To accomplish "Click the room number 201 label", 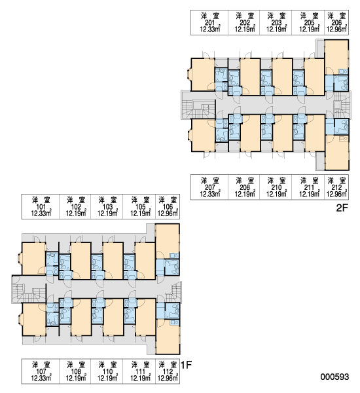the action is coord(209,22).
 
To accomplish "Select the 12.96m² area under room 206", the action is coord(336,29).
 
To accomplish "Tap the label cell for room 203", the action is coord(276,22).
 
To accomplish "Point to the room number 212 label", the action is coord(336,187).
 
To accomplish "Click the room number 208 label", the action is coord(245,187).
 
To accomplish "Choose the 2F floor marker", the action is coord(342,208).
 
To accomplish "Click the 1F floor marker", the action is coord(186,365).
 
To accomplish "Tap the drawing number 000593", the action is coord(334,377).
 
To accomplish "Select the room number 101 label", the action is coord(41,207).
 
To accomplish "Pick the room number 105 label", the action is coord(140,207).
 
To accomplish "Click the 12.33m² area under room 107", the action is coord(41,378).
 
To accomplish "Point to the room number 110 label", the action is coord(107,371).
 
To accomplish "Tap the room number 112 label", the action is coord(168,371).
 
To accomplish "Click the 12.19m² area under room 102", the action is coord(76,214).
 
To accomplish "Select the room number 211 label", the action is coord(309,187).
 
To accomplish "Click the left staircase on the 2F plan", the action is coord(198,109).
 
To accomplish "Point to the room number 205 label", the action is coord(309,22).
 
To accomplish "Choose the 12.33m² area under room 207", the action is coord(210,194).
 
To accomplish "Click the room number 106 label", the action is coord(168,207).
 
